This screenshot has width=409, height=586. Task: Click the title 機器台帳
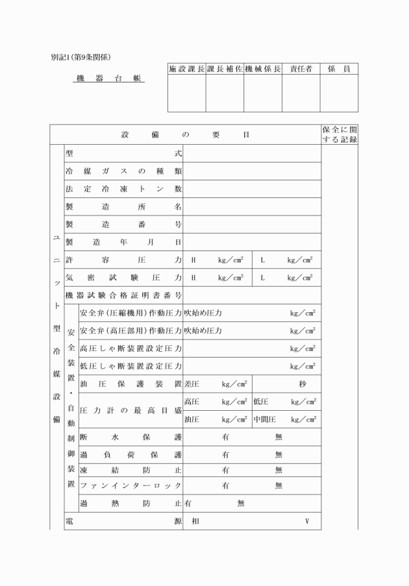(109, 79)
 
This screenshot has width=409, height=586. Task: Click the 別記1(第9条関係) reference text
(84, 57)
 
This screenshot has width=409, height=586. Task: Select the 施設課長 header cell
(186, 69)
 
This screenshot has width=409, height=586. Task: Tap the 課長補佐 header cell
(225, 69)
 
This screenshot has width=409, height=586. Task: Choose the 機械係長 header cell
(263, 69)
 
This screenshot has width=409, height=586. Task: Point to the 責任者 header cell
(301, 69)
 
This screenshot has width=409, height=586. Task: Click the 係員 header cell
(339, 69)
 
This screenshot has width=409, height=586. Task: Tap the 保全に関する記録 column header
(340, 134)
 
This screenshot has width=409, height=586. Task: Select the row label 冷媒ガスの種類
(123, 171)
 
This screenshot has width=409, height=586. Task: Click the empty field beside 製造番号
(252, 225)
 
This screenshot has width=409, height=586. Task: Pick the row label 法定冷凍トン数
(123, 189)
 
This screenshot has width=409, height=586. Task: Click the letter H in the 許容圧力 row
(193, 260)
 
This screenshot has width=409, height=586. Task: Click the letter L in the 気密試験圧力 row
(262, 278)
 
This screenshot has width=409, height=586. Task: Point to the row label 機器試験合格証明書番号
(123, 295)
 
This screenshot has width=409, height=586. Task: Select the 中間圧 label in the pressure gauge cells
(265, 419)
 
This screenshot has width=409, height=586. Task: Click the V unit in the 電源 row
(307, 520)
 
